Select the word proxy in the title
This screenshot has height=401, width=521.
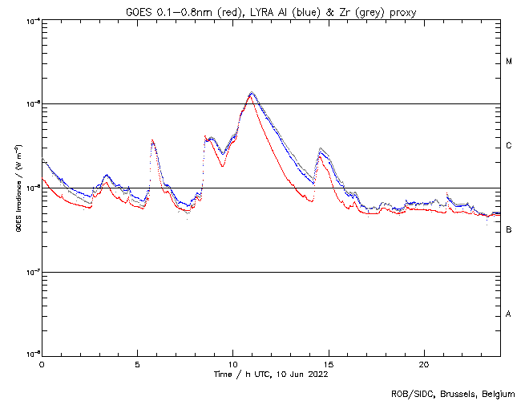pos(404,9)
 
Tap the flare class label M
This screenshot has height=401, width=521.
pos(509,62)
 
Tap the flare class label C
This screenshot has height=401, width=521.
pos(509,146)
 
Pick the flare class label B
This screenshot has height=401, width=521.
pos(509,230)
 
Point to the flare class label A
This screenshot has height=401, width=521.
pos(509,314)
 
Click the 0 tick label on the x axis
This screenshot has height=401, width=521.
pos(42,363)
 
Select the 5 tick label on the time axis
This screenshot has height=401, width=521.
pos(137,363)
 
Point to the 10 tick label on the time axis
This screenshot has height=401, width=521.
pos(232,363)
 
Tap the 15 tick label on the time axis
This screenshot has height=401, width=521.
pos(328,363)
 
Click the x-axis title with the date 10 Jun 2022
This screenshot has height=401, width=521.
pos(271,374)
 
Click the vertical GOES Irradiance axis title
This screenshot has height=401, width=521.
pos(18,188)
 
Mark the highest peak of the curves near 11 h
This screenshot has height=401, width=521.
pos(252,93)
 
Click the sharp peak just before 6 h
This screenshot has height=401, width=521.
pos(152,141)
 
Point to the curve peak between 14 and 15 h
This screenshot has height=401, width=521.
pos(321,150)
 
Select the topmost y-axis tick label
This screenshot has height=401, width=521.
pos(33,20)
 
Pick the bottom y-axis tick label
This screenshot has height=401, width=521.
pos(33,354)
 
